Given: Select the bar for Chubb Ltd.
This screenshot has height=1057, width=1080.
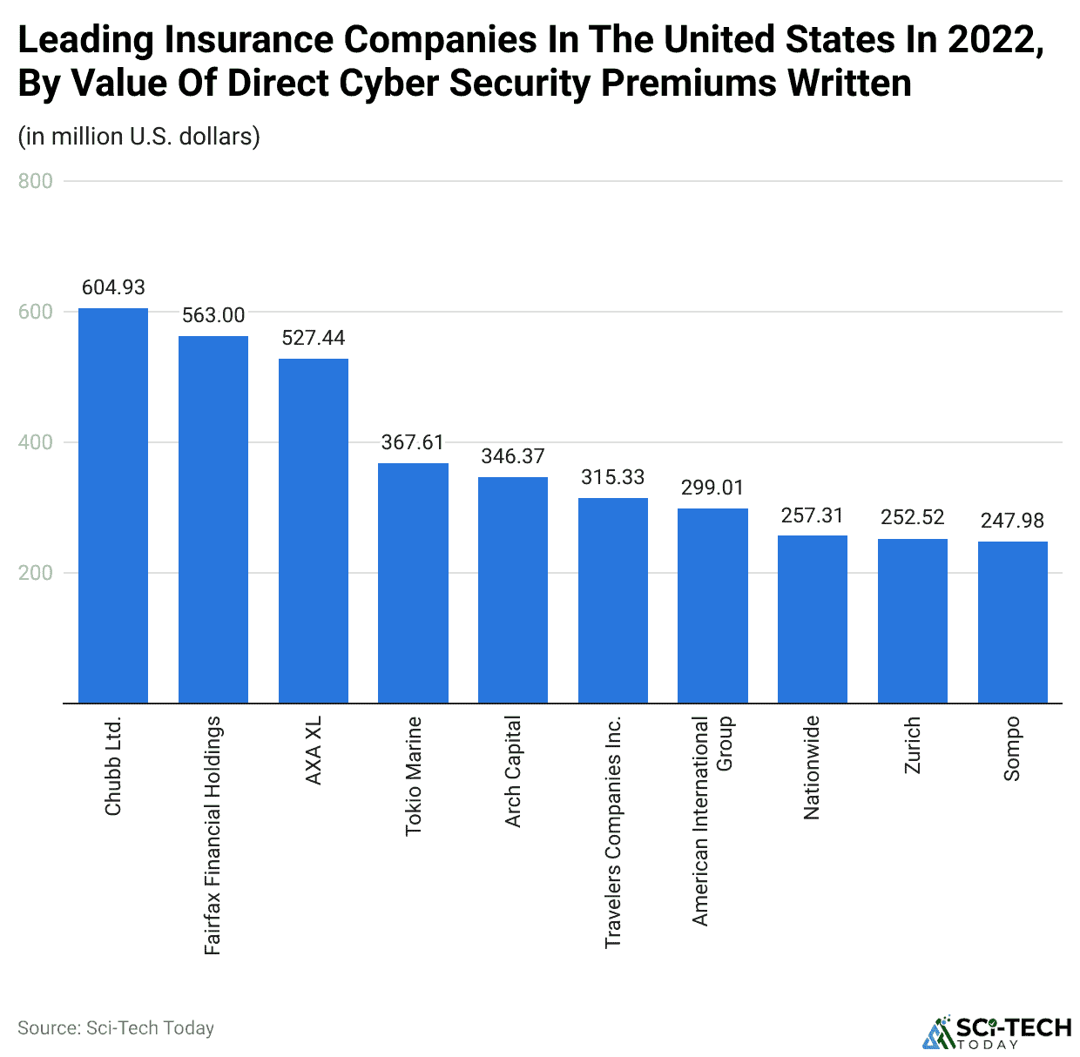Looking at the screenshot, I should pos(113,505).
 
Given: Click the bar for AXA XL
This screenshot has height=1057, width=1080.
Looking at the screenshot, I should pos(314,531).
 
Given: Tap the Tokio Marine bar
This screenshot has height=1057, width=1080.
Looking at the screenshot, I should pos(413,583).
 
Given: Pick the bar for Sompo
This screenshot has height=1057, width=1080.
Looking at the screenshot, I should pos(1012,623).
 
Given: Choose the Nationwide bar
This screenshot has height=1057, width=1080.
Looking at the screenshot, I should pos(813,619).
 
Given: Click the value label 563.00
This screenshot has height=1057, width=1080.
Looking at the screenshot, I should pos(213,315).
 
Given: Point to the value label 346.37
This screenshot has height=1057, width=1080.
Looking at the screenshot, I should pos(513,456).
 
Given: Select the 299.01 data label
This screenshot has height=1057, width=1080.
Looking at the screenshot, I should pos(712,488).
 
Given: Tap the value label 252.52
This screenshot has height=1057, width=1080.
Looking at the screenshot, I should pos(912,517).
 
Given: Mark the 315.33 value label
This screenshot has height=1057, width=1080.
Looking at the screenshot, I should pos(613,477).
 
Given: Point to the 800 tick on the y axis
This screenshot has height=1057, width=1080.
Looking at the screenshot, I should pos(35,181).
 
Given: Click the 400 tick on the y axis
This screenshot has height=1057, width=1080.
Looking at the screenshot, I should pos(35,442).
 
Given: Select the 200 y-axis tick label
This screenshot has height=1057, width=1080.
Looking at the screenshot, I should pos(35,573).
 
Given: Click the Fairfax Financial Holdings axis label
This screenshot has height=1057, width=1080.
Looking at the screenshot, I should pos(213,835).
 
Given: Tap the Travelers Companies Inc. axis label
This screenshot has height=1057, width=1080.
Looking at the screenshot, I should pos(613,831).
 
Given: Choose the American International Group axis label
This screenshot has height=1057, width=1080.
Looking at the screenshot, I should pos(712,820).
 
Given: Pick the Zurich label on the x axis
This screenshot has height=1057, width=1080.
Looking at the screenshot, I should pos(912,745).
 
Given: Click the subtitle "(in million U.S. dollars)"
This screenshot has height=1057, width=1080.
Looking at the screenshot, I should pos(139,137).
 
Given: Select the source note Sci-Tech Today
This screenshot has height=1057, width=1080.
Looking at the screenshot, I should pos(116,1028).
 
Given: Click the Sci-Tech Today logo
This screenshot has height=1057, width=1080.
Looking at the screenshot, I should pos(996,1032).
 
